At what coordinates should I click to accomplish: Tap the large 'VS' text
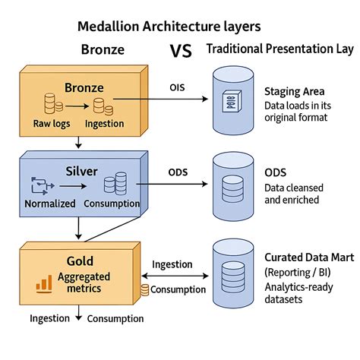(179, 51)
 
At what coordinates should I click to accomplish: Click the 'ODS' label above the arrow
(178, 171)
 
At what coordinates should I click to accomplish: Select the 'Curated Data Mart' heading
(308, 257)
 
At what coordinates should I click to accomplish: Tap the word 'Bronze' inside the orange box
(84, 88)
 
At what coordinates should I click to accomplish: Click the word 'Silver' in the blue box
(82, 171)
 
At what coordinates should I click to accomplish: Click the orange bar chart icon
(43, 284)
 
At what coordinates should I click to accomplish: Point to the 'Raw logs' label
(52, 123)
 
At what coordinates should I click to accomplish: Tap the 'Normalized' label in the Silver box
(50, 204)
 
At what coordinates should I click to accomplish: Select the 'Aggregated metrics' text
(86, 283)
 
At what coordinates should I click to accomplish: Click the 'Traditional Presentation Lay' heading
(279, 50)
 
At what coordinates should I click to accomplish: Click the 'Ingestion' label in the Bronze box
(105, 123)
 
